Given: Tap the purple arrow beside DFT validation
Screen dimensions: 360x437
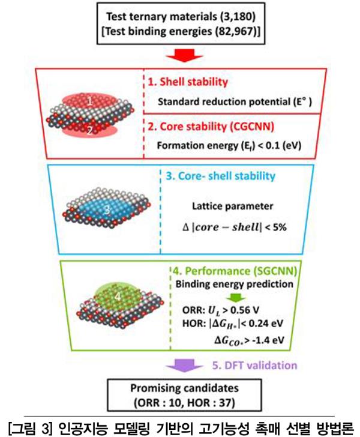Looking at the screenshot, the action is (184, 366).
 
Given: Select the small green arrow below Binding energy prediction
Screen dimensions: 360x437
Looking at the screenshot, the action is (236, 298).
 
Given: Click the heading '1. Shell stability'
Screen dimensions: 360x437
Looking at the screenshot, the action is (188, 82).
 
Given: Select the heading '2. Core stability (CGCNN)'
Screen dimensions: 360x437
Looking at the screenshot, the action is (211, 127).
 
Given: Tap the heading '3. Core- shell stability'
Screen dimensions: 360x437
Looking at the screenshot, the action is (221, 176).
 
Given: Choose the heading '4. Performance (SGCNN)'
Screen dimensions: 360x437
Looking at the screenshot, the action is (235, 271).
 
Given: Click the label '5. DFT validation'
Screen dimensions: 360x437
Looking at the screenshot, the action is (254, 366).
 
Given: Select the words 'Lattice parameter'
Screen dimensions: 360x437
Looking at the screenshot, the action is (232, 206).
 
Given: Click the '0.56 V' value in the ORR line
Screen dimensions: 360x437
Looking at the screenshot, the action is (244, 310).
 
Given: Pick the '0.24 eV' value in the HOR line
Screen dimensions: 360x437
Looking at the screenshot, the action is (266, 324).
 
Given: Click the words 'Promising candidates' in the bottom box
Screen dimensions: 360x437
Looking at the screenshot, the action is (184, 388).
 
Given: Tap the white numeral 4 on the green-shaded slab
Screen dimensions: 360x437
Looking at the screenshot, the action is (118, 297).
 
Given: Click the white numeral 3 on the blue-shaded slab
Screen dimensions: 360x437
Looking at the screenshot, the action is (107, 209).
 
